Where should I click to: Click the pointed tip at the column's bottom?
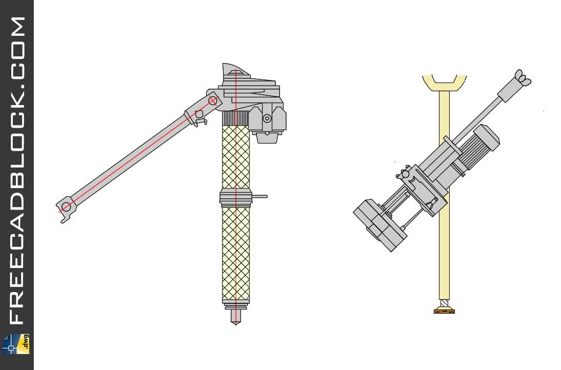click(x=235, y=318)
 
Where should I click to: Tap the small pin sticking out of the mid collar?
click(x=260, y=196)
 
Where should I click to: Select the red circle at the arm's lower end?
click(x=66, y=207)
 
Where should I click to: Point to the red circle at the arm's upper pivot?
click(x=213, y=100)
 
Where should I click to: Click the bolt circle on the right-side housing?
click(x=267, y=118)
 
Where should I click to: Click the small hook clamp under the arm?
click(x=201, y=122)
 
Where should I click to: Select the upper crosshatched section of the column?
click(x=235, y=156)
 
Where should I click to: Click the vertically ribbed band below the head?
click(x=235, y=118)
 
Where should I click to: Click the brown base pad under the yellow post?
click(x=444, y=311)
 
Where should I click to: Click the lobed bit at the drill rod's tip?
click(x=523, y=78)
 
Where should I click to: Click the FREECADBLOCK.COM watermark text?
click(x=17, y=169)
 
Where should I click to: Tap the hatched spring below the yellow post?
click(x=444, y=303)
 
